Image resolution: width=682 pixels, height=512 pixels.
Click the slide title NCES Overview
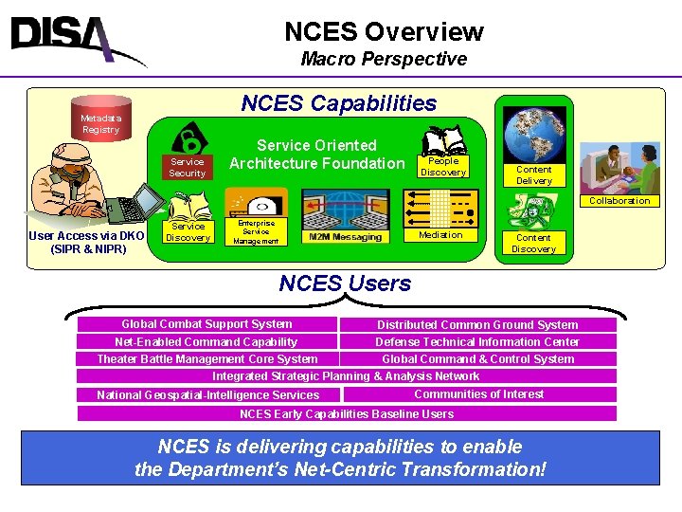[x=384, y=32]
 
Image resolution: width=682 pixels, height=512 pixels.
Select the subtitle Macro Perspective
[x=384, y=59]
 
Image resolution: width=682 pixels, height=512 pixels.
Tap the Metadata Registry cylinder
[x=100, y=121]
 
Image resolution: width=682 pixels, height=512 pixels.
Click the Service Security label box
[x=187, y=167]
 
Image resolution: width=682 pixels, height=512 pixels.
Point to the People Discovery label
[x=443, y=167]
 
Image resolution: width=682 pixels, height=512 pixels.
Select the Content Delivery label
[x=533, y=174]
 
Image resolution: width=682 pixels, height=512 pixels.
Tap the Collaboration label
[x=619, y=200]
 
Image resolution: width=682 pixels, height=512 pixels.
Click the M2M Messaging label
[x=345, y=236]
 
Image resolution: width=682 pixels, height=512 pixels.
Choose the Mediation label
[x=440, y=234]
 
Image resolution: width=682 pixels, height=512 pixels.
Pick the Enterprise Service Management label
[x=256, y=232]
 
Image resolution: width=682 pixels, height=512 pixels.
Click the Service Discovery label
[x=187, y=231]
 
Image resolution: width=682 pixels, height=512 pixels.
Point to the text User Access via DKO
[x=87, y=236]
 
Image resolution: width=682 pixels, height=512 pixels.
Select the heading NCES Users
[x=345, y=283]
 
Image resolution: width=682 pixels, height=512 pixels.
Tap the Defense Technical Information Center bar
[x=477, y=341]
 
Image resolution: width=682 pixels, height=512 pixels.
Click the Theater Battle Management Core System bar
[x=207, y=358]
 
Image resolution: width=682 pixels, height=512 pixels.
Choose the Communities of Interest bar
[x=478, y=393]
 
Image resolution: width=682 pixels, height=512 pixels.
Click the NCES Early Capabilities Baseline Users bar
[x=346, y=413]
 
